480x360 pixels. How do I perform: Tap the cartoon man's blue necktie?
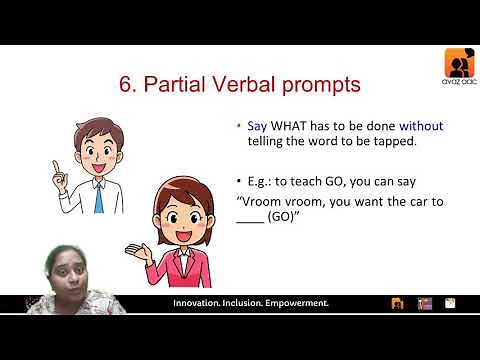98,196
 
